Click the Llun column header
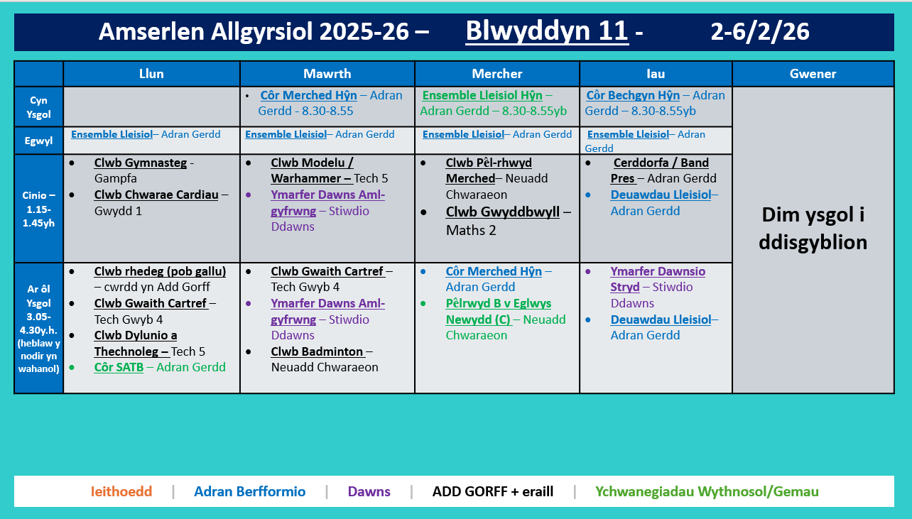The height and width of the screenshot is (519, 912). coord(151,74)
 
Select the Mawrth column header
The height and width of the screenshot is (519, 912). coord(327,74)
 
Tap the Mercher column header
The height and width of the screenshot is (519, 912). coord(496,74)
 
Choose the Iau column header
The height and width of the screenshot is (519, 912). coord(655,74)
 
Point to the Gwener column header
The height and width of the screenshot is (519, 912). coord(813,74)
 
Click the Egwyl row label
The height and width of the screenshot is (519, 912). coord(38,141)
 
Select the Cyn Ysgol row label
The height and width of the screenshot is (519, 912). coord(38,106)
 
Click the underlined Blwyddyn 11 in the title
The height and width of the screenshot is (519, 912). coord(546,31)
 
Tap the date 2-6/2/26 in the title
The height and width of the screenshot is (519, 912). coord(759,31)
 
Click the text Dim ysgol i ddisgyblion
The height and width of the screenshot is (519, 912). coord(813,229)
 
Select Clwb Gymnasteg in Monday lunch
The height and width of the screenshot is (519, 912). coord(140,163)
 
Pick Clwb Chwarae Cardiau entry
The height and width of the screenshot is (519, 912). coord(156,195)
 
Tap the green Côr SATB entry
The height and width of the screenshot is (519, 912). coord(119,367)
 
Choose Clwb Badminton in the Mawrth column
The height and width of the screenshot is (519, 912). coord(317,351)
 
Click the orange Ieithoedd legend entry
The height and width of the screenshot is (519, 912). coord(121,491)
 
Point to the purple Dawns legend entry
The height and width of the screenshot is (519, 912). coord(369,491)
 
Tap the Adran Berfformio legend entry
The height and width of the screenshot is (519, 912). coord(249,491)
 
